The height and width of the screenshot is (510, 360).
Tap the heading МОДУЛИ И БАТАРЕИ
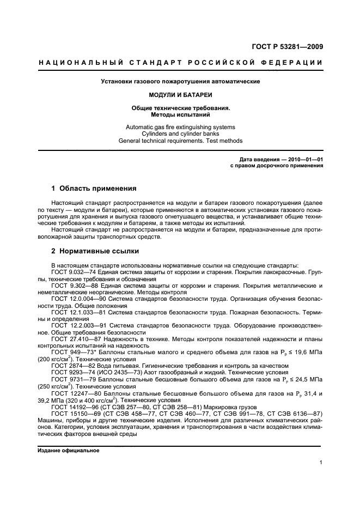coord(180,94)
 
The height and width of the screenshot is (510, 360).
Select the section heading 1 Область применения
coord(93,189)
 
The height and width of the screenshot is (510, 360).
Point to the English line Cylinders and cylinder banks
coord(180,133)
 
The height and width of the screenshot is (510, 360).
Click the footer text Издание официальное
coord(68,450)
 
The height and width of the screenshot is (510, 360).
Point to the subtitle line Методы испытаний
coord(180,115)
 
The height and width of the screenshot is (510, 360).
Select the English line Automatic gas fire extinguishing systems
coord(180,126)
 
